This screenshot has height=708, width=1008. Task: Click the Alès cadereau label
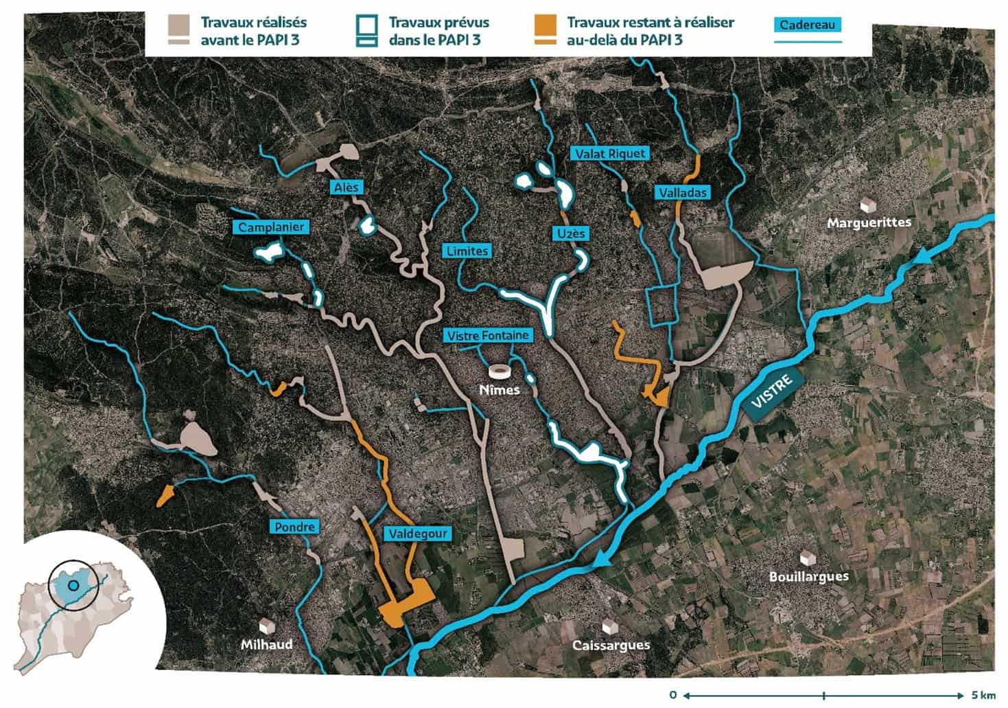(x=347, y=187)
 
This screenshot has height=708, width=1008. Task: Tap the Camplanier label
(x=271, y=227)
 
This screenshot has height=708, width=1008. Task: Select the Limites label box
(x=467, y=251)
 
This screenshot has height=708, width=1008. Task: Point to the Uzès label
(x=571, y=233)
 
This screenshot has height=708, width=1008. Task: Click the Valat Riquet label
(x=610, y=153)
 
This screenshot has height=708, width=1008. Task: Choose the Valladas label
(x=683, y=193)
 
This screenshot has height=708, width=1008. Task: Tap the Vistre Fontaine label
(x=488, y=335)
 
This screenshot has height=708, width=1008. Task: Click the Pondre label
(x=294, y=527)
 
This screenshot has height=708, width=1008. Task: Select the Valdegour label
(x=417, y=533)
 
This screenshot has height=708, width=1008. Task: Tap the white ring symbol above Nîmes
(x=500, y=372)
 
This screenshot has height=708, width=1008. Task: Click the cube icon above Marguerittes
(x=868, y=205)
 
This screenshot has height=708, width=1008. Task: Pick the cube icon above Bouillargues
(x=808, y=558)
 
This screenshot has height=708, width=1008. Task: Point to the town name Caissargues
(x=611, y=646)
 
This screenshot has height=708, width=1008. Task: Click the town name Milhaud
(x=266, y=644)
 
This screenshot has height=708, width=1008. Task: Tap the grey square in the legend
(x=178, y=23)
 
